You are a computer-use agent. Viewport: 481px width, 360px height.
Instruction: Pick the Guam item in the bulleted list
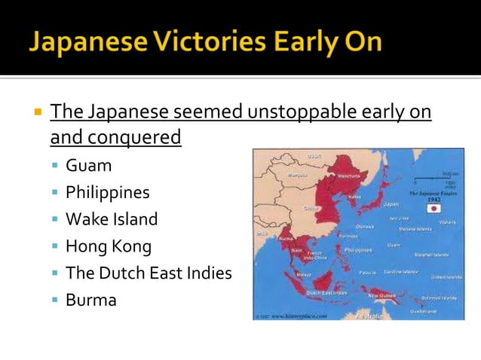tap(88, 166)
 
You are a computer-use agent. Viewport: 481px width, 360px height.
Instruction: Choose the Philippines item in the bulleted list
tap(107, 193)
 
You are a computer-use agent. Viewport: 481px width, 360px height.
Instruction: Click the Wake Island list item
tap(112, 219)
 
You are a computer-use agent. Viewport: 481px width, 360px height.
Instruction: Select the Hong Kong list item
tap(109, 246)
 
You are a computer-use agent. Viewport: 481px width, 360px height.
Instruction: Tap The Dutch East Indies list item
tap(149, 273)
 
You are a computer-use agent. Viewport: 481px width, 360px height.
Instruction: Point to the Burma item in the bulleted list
tap(91, 300)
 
